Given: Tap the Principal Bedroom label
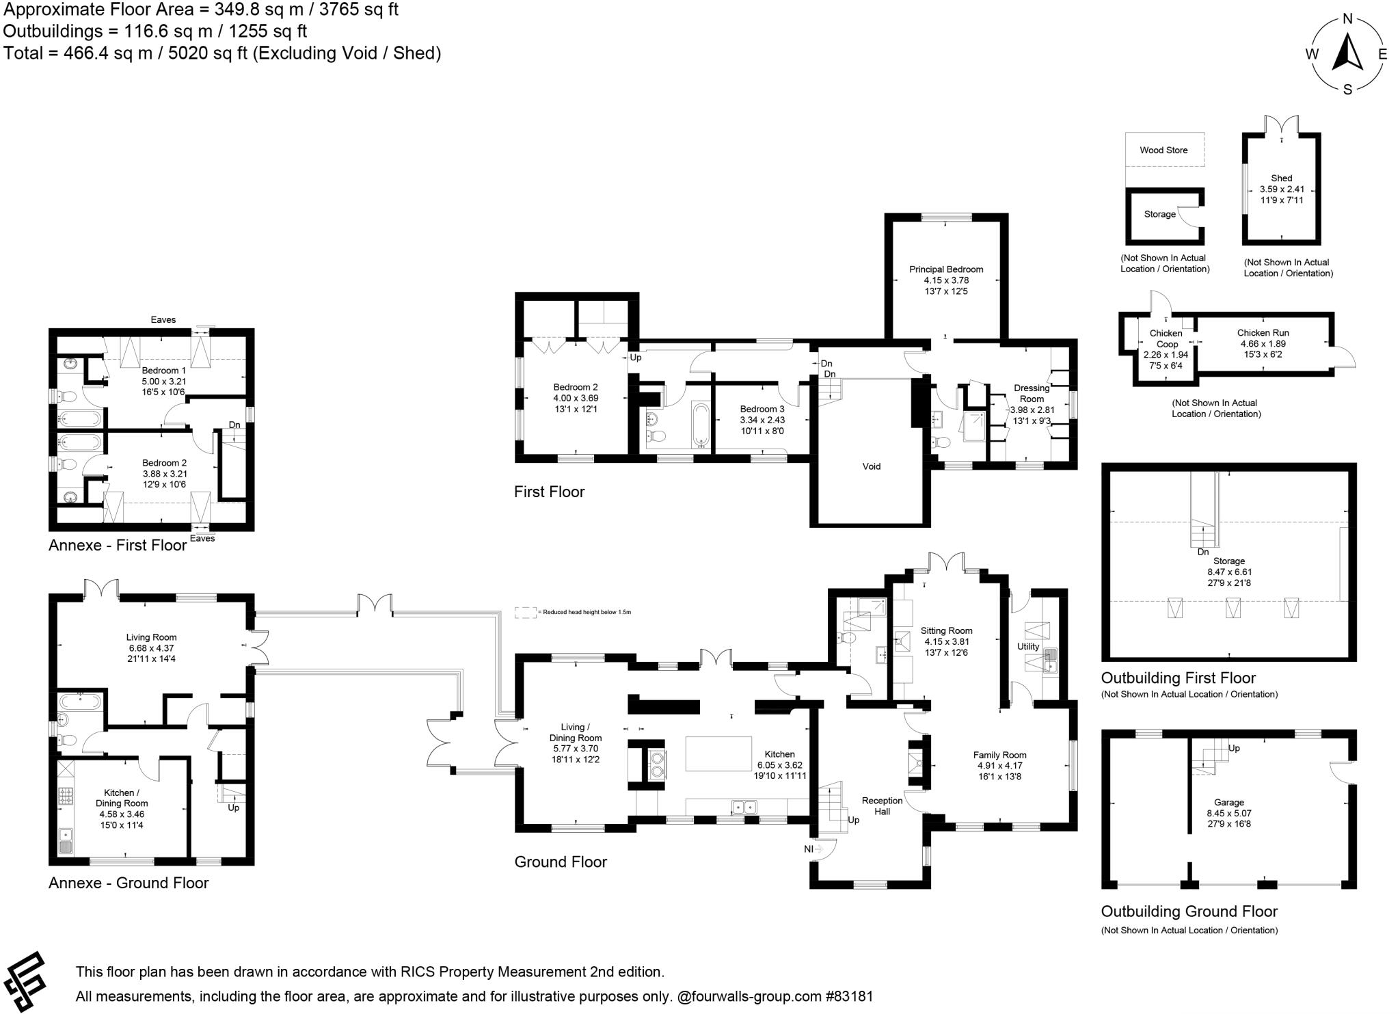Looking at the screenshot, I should [946, 269].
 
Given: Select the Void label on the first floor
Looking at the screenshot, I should [871, 466].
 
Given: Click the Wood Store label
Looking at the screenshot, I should [1163, 150].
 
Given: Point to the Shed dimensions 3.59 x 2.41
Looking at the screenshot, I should [1282, 189].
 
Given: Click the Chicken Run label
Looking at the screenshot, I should [1263, 333].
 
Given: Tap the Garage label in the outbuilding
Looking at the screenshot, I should [1228, 803].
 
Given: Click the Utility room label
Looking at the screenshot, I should [1027, 646].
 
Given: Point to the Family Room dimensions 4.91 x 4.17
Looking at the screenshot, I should [999, 766].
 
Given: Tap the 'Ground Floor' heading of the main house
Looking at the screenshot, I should [561, 862].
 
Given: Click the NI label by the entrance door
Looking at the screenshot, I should [809, 849].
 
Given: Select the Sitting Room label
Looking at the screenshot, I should [946, 631].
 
